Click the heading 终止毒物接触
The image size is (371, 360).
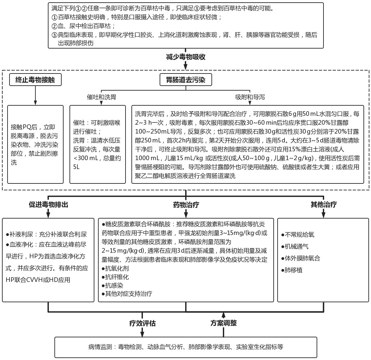click(x=35, y=80)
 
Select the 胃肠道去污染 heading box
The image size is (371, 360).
click(x=186, y=80)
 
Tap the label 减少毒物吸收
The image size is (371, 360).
click(x=186, y=57)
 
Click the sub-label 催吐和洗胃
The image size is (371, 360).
click(x=101, y=97)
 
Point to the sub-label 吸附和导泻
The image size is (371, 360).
click(x=250, y=97)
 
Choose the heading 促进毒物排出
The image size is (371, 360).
click(x=49, y=205)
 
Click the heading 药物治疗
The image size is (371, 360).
click(x=186, y=205)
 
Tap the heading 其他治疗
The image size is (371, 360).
click(x=323, y=205)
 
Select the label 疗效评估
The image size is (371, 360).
click(x=142, y=323)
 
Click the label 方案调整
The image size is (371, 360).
click(x=224, y=323)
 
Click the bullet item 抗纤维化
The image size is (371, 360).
click(x=115, y=277)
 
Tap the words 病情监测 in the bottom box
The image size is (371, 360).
click(x=100, y=347)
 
